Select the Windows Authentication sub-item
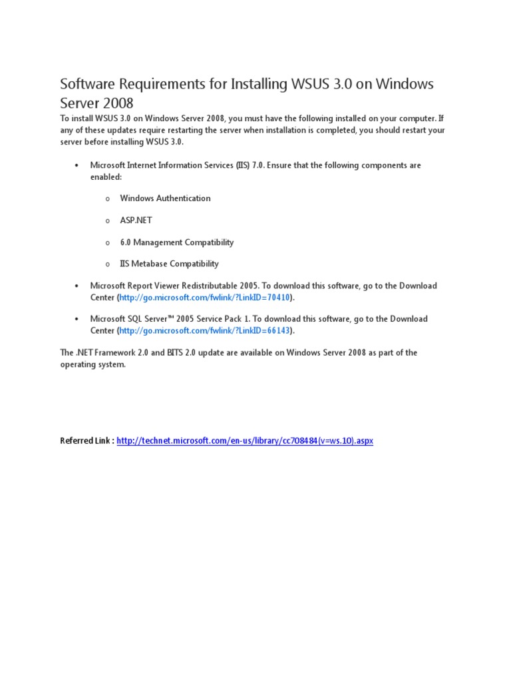pyautogui.click(x=165, y=198)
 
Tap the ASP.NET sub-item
pyautogui.click(x=136, y=220)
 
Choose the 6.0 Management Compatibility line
pyautogui.click(x=176, y=242)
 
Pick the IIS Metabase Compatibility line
pyautogui.click(x=169, y=264)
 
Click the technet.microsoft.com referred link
pyautogui.click(x=245, y=441)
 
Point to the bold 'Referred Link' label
pyautogui.click(x=86, y=441)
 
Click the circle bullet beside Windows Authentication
pyautogui.click(x=107, y=198)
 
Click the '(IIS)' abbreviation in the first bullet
pyautogui.click(x=244, y=165)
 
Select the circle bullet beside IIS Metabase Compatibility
pyautogui.click(x=107, y=264)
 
